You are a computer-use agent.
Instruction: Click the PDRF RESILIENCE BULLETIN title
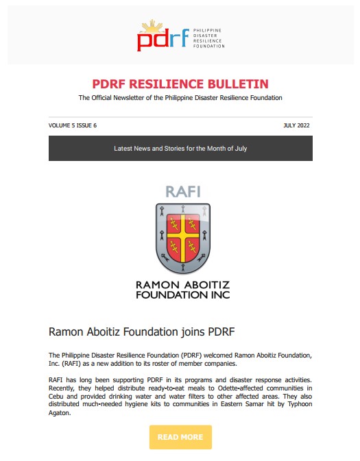tap(180, 84)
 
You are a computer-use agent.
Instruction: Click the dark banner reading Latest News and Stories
tap(180, 148)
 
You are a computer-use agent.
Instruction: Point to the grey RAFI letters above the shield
tap(183, 192)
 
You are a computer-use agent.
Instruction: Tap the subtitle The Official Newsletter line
tap(180, 98)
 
